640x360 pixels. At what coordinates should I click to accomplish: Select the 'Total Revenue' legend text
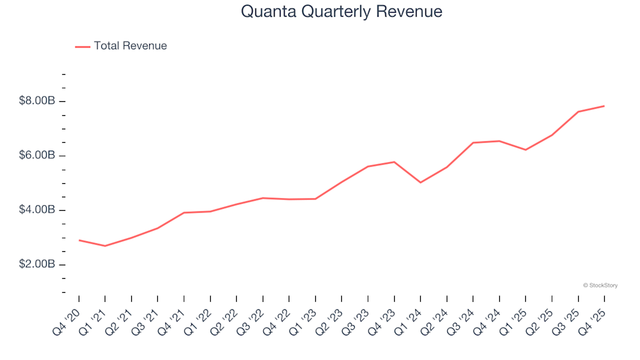pyautogui.click(x=130, y=46)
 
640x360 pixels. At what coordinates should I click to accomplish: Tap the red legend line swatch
pyautogui.click(x=83, y=47)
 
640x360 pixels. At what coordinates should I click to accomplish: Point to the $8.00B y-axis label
pyautogui.click(x=37, y=101)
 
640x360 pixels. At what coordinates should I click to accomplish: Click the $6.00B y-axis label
pyautogui.click(x=37, y=156)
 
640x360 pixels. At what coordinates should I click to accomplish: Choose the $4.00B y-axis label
pyautogui.click(x=37, y=210)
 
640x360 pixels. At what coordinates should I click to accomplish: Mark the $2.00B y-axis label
pyautogui.click(x=37, y=265)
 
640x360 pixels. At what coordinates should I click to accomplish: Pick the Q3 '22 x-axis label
pyautogui.click(x=251, y=319)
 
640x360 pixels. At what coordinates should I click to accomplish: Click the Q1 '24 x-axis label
pyautogui.click(x=409, y=319)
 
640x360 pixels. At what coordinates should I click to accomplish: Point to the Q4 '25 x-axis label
pyautogui.click(x=593, y=319)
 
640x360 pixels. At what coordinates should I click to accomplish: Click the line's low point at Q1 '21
pyautogui.click(x=105, y=246)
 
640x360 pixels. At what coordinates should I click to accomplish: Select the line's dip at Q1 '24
pyautogui.click(x=420, y=182)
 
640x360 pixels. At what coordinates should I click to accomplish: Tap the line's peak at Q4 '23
pyautogui.click(x=394, y=162)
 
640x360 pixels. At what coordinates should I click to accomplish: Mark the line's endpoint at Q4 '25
pyautogui.click(x=604, y=106)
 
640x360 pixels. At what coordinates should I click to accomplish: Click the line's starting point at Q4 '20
pyautogui.click(x=79, y=240)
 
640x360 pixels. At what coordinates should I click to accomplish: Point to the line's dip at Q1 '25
pyautogui.click(x=525, y=149)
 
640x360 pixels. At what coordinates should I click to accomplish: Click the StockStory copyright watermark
pyautogui.click(x=600, y=285)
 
